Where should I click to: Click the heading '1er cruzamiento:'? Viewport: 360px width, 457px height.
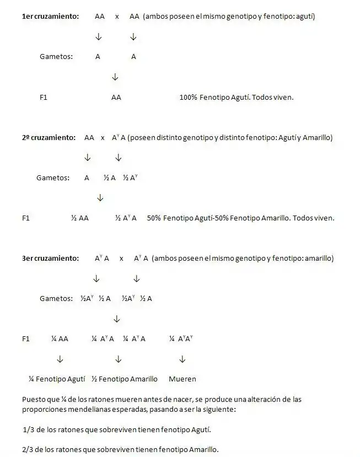(50, 17)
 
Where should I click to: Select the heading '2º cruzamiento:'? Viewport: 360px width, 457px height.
(49, 137)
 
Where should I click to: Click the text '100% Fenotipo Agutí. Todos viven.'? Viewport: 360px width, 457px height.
(237, 97)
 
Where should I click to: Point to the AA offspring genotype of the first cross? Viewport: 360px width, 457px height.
(116, 97)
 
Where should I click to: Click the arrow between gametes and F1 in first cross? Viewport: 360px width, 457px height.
(115, 77)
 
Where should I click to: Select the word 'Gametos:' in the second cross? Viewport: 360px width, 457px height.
(53, 178)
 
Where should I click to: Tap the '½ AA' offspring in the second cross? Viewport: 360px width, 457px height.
(79, 218)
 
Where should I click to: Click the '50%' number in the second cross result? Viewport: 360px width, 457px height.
(154, 218)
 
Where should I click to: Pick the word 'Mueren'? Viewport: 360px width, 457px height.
(182, 379)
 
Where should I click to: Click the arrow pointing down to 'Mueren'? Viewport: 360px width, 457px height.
(182, 359)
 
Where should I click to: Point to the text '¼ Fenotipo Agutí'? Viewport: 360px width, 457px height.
(57, 379)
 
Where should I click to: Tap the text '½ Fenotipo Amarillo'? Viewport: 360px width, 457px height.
(124, 379)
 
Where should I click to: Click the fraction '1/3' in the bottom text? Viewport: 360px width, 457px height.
(28, 429)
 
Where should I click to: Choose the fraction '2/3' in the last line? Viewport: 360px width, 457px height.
(28, 449)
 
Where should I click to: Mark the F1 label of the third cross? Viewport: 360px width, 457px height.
(26, 338)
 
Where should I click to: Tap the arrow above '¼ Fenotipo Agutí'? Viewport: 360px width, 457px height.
(60, 359)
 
